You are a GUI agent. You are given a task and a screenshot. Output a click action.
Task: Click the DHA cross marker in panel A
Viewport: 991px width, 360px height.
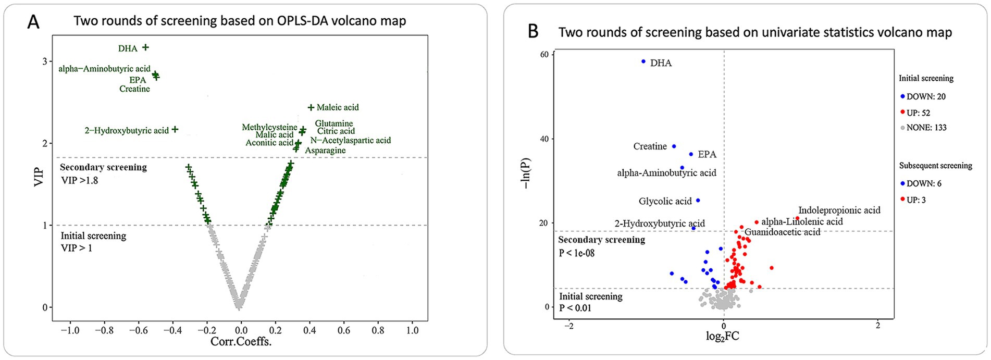[x=146, y=47]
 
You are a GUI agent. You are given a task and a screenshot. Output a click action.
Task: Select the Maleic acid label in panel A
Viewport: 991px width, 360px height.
[x=338, y=107]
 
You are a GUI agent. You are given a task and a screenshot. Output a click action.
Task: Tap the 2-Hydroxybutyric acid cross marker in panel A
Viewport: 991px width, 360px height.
[x=175, y=129]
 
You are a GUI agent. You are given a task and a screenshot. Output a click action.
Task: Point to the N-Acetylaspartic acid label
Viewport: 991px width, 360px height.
[x=350, y=140]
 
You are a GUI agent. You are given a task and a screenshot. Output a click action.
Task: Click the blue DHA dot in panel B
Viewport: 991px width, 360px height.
[x=643, y=61]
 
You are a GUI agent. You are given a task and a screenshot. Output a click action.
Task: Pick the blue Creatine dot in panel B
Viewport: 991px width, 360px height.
[x=674, y=146]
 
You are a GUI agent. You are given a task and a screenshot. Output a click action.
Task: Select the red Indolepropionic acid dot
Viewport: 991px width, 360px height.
[x=797, y=218]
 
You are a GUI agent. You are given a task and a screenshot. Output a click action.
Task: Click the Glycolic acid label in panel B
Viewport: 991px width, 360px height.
[x=665, y=201]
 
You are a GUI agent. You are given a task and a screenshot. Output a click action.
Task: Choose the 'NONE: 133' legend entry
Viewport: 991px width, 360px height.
[x=926, y=128]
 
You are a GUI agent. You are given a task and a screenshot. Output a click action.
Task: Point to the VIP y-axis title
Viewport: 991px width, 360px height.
[x=38, y=175]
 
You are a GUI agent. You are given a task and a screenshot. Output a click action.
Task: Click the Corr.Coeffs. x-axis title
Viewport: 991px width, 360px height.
[x=241, y=342]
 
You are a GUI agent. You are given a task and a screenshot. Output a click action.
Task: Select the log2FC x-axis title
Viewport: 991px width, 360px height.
[x=722, y=336]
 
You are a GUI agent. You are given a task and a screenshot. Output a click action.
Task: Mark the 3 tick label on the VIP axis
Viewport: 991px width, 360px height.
[x=45, y=61]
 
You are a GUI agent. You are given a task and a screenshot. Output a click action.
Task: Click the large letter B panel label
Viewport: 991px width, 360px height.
[x=533, y=31]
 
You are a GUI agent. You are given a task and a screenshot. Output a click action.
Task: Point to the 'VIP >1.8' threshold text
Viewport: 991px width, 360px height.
[x=80, y=180]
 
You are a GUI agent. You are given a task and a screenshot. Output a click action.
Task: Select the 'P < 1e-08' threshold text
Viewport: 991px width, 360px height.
[x=577, y=253]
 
